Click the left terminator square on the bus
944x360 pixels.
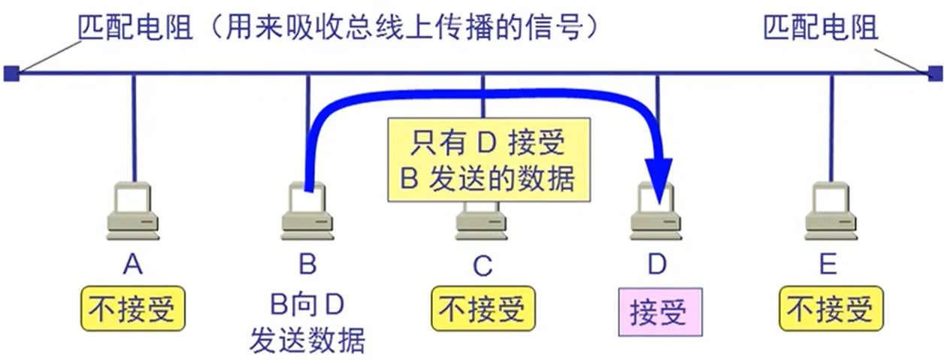tap(11, 73)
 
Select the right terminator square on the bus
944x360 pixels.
tap(934, 73)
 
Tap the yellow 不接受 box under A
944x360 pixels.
tap(133, 310)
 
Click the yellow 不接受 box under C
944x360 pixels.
tap(483, 310)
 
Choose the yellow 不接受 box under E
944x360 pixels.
tap(831, 310)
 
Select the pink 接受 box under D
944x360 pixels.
tap(658, 311)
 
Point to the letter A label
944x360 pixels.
tap(133, 265)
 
